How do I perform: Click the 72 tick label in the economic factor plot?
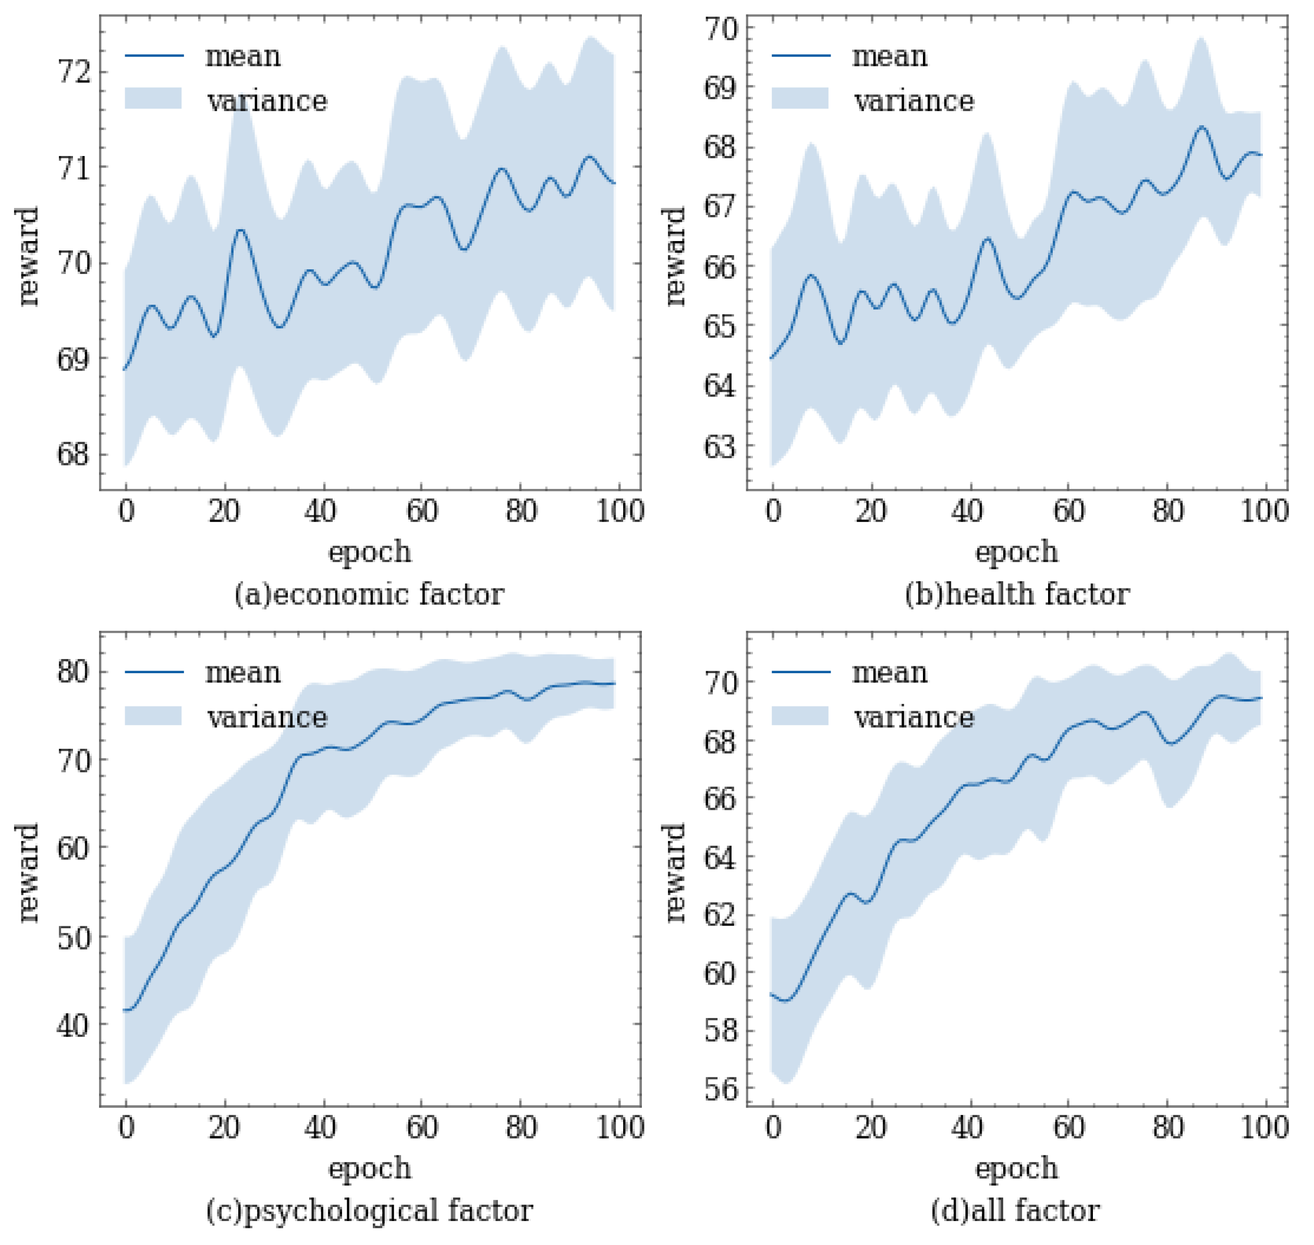(x=74, y=71)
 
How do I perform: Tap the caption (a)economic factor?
(x=370, y=594)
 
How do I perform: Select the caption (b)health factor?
(x=1016, y=594)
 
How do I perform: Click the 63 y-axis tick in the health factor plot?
(x=720, y=447)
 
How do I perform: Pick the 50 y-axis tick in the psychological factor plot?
(x=74, y=938)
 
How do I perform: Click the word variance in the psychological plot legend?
(x=267, y=717)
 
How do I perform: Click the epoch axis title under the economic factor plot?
(x=370, y=552)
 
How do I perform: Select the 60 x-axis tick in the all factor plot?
(x=1069, y=1128)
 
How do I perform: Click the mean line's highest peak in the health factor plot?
(x=1202, y=126)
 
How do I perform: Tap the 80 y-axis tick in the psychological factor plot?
(x=74, y=672)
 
